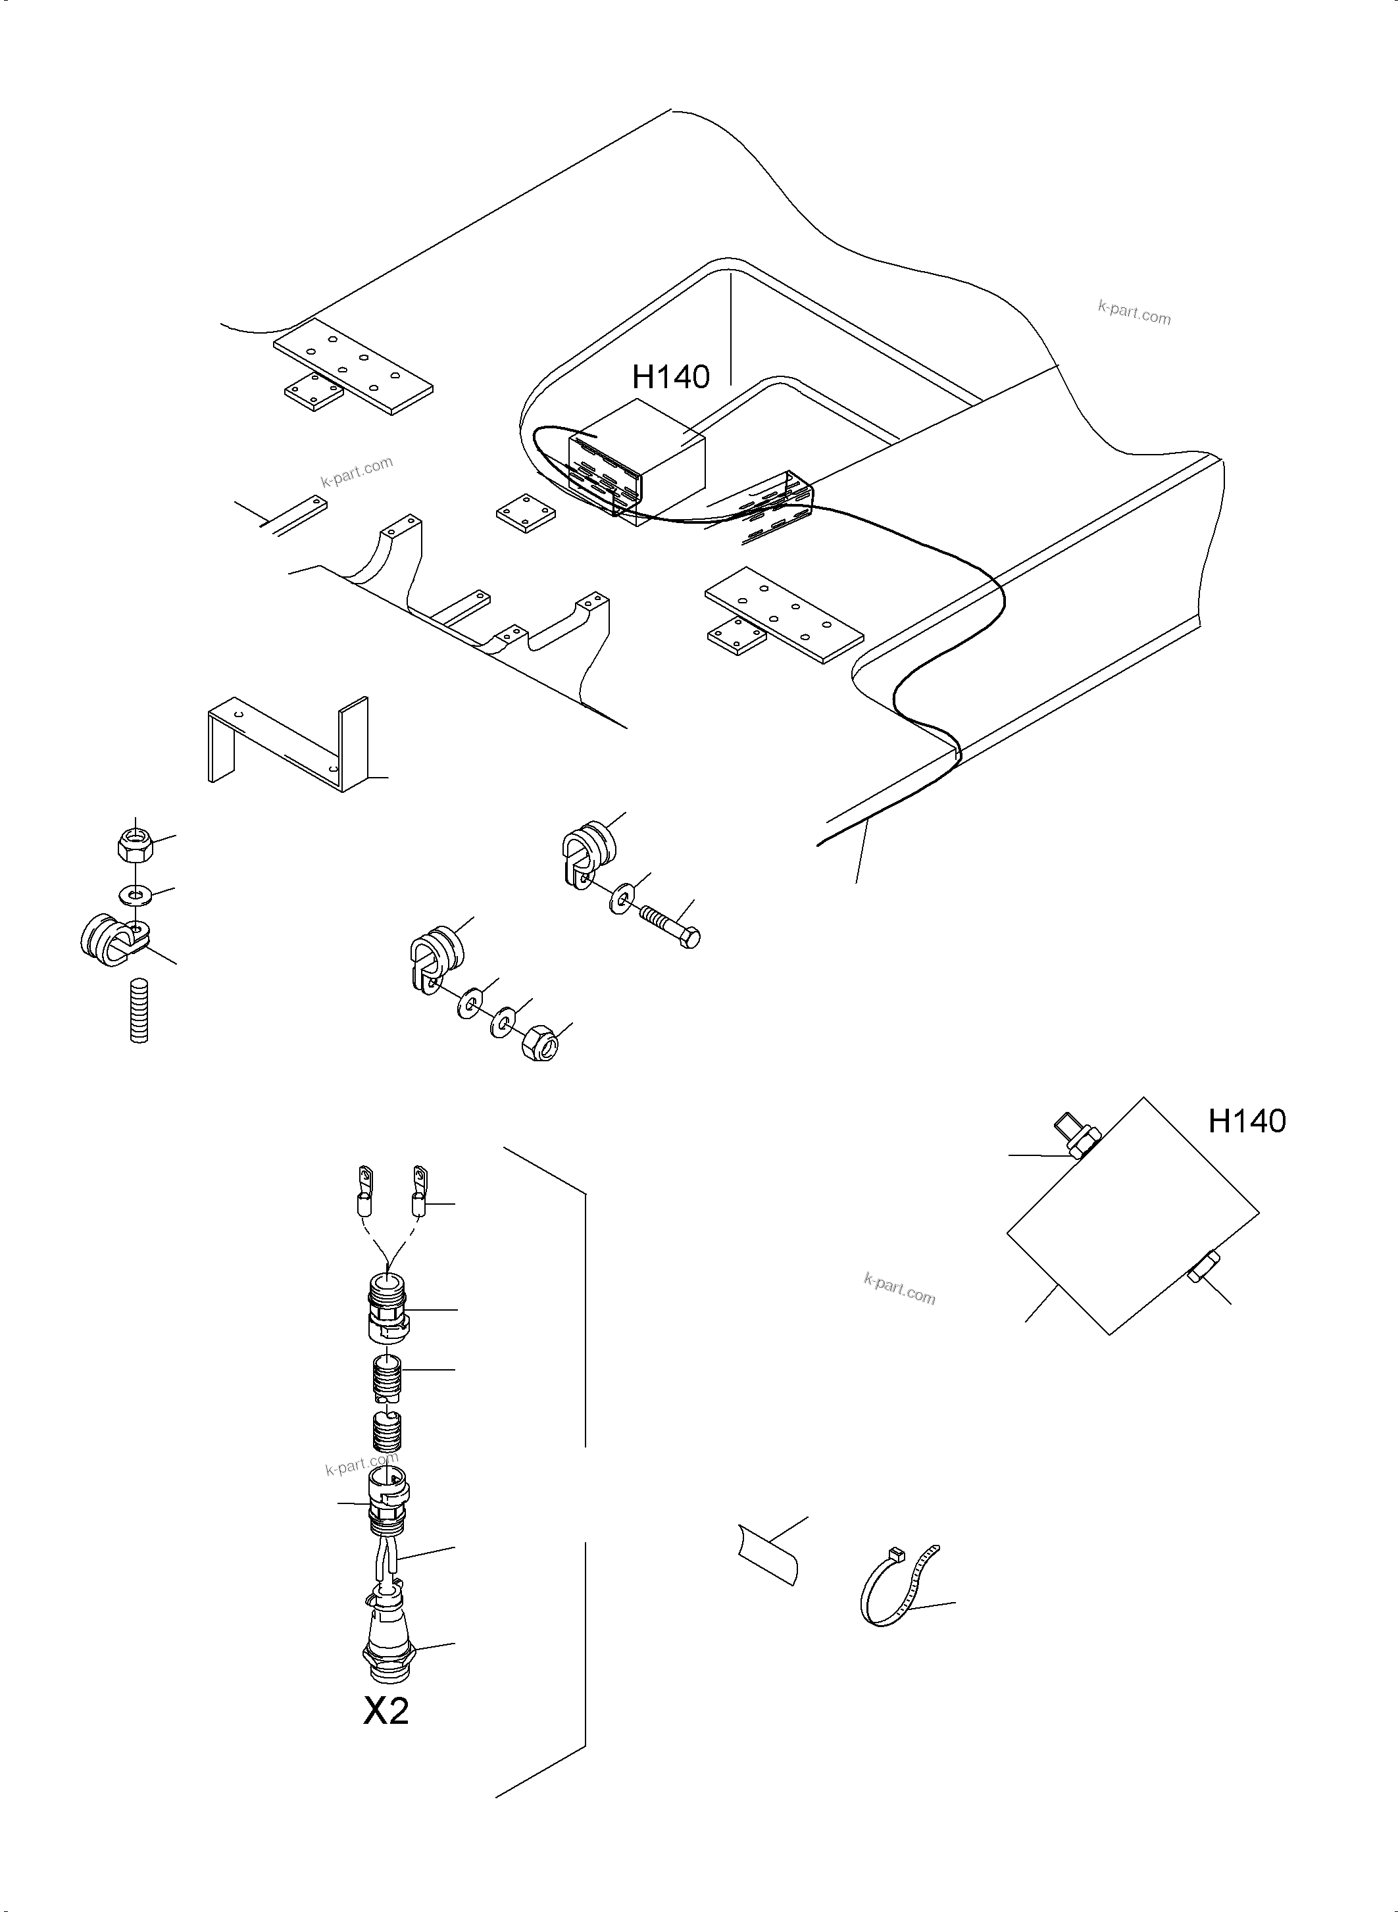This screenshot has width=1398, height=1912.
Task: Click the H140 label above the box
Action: pos(670,376)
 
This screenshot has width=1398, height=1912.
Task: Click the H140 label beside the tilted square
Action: pos(1247,1120)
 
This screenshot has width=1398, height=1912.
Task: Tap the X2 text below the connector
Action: pos(386,1711)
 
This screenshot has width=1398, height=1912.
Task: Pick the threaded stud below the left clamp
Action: pos(139,1010)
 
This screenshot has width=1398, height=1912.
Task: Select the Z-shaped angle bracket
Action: pos(287,745)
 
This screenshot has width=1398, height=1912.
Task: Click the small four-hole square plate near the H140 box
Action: pos(525,515)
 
